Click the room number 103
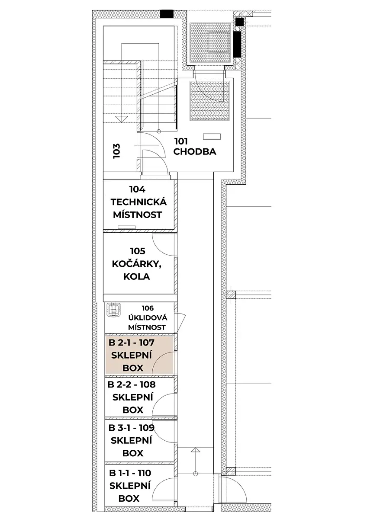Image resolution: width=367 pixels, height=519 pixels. [116, 151]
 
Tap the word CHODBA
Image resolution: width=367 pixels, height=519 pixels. [195, 152]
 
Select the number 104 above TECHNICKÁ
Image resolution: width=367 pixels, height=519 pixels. [138, 189]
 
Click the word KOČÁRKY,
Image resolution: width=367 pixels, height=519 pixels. [137, 264]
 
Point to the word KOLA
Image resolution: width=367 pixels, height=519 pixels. [137, 276]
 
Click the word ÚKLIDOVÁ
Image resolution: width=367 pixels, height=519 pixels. [148, 317]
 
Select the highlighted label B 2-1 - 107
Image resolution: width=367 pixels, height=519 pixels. [132, 343]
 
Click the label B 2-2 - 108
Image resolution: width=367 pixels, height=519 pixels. [132, 384]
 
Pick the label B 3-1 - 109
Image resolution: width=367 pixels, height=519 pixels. [132, 428]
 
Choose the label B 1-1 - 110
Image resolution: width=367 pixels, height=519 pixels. [130, 473]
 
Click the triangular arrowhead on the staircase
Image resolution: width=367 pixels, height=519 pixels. [122, 119]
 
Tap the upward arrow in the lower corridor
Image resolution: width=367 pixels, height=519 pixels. [196, 461]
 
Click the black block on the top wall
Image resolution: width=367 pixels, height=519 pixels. [167, 14]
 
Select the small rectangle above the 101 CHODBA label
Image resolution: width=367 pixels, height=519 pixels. [212, 137]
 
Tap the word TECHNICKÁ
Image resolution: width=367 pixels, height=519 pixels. [138, 202]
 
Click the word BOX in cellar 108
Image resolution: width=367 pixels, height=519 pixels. [132, 410]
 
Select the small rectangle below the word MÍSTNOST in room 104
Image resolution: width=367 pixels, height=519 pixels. [127, 227]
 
